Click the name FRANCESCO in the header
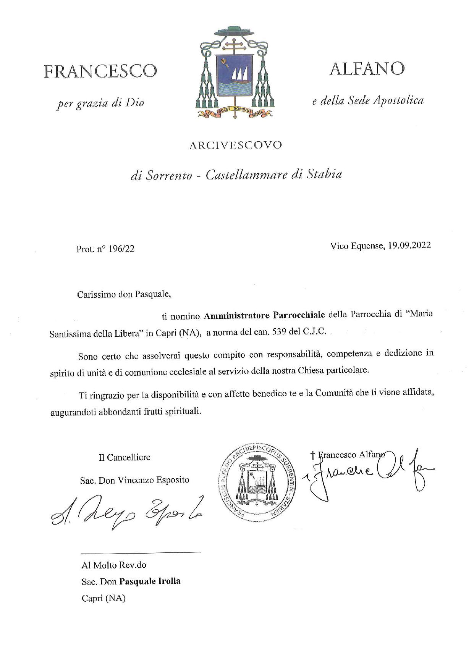tap(100, 71)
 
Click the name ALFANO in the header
tap(366, 69)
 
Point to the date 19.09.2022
tap(409, 245)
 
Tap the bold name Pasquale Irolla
tap(150, 581)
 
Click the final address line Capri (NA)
tap(103, 599)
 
